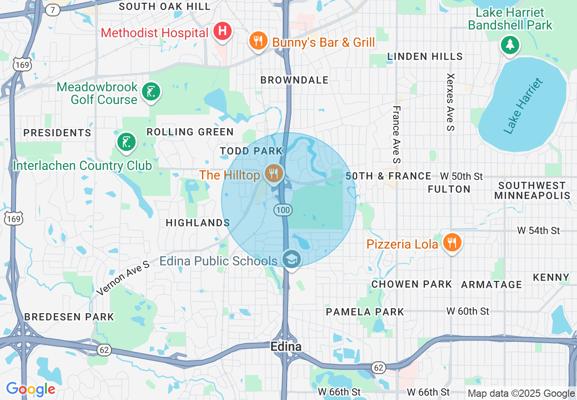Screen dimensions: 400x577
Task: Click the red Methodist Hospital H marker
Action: [x=222, y=31]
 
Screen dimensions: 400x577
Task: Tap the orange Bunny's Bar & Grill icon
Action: [x=258, y=41]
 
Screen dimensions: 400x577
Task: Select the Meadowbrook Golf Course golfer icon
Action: [x=151, y=92]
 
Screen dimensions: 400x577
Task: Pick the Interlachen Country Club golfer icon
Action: [x=126, y=142]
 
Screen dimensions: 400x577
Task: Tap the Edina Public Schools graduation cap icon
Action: [x=291, y=260]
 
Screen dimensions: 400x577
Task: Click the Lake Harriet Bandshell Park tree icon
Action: [x=510, y=45]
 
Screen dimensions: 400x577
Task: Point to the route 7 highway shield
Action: [x=53, y=10]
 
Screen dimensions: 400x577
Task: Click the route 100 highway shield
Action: [x=283, y=210]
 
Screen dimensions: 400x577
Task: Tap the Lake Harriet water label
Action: [x=524, y=106]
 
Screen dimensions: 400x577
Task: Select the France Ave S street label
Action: [x=396, y=135]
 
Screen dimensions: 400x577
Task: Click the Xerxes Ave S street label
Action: [x=450, y=102]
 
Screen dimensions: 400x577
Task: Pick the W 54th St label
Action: [x=538, y=231]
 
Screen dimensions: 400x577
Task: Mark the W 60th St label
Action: [x=468, y=311]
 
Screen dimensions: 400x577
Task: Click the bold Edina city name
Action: [x=286, y=347]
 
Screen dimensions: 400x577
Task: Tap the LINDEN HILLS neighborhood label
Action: [x=425, y=57]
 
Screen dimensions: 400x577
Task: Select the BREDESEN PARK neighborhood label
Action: [x=69, y=317]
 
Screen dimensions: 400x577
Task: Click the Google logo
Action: [x=30, y=389]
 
